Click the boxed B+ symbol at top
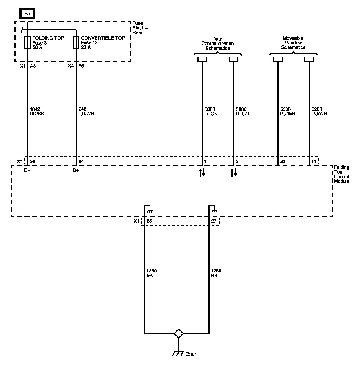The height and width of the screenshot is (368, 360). click(27, 14)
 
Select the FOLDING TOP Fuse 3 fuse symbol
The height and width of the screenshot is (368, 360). click(27, 42)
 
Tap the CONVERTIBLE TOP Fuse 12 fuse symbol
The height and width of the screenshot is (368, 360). click(76, 42)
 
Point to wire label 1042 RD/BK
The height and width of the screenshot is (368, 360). click(37, 111)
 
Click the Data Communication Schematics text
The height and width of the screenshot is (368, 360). click(217, 43)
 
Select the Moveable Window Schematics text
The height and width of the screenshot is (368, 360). click(293, 43)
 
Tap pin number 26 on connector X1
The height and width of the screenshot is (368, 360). click(33, 162)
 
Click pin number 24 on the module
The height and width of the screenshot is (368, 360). click(81, 162)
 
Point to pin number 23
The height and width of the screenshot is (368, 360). click(283, 162)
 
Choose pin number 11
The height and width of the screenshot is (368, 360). click(314, 162)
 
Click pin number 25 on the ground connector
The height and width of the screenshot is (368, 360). click(149, 221)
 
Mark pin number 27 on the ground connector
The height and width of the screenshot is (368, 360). click(214, 221)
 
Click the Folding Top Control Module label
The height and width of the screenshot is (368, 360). click(341, 174)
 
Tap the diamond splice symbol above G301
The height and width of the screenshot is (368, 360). click(179, 333)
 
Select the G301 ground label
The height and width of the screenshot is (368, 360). click(191, 354)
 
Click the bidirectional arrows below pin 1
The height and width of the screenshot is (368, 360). click(202, 172)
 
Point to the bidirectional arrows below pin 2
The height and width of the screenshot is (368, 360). click(233, 172)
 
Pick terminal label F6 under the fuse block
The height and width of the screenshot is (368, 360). click(81, 66)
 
